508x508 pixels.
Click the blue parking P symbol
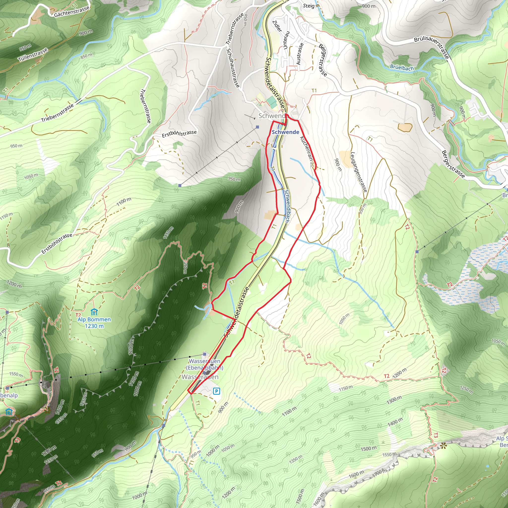(216, 391)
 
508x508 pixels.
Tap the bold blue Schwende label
(285, 132)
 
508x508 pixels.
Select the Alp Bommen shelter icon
(94, 312)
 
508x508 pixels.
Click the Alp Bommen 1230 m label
(94, 323)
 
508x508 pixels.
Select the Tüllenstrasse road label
(33, 55)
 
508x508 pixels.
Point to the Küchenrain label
(306, 148)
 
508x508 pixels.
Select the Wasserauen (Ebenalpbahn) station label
(205, 364)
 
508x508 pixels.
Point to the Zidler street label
(277, 26)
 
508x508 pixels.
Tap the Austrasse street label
(300, 54)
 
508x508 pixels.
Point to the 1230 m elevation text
(94, 326)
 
